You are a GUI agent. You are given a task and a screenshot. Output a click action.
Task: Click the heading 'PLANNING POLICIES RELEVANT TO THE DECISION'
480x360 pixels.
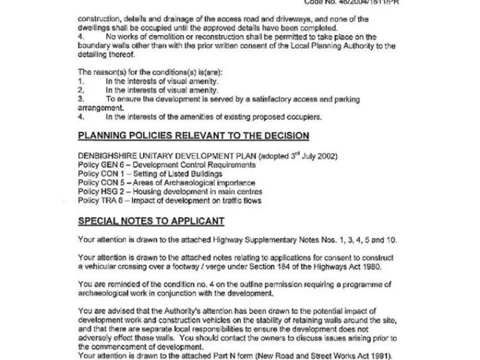coord(192,136)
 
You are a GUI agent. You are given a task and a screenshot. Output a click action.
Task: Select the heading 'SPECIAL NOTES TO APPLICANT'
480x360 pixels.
coord(151,221)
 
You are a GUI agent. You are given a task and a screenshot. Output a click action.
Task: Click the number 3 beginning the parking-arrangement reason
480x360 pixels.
coord(81,99)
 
